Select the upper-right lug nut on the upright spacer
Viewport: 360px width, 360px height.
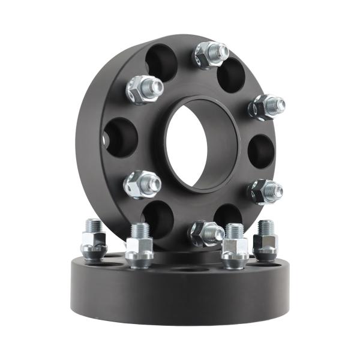point(265,107)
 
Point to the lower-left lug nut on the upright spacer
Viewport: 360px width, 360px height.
point(141,184)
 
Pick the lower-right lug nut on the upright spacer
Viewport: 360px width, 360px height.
point(264,191)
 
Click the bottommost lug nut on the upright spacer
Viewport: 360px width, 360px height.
point(205,233)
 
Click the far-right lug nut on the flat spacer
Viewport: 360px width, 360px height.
point(265,243)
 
